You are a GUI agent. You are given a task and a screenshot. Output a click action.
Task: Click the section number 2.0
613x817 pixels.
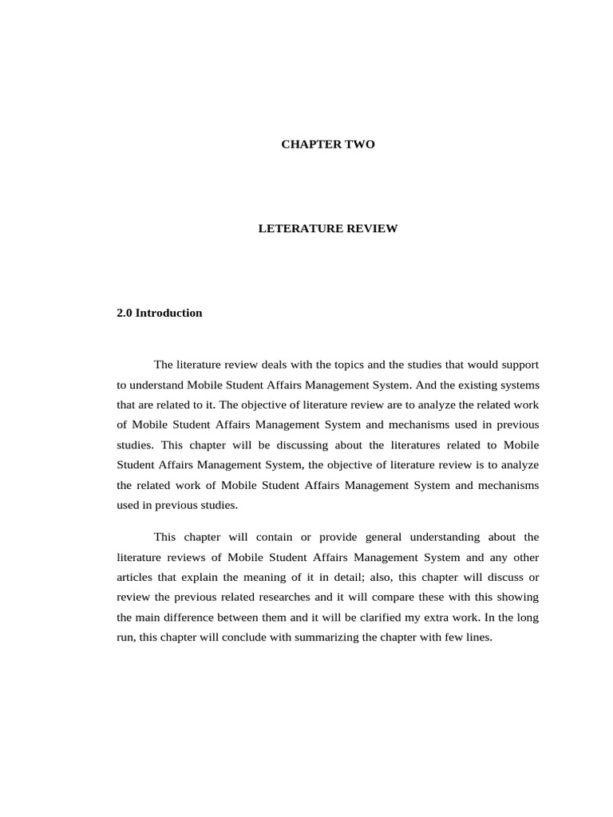125,313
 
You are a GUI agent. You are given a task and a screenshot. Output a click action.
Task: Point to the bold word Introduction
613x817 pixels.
168,313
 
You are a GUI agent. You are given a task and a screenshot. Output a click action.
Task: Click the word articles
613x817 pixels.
136,577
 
